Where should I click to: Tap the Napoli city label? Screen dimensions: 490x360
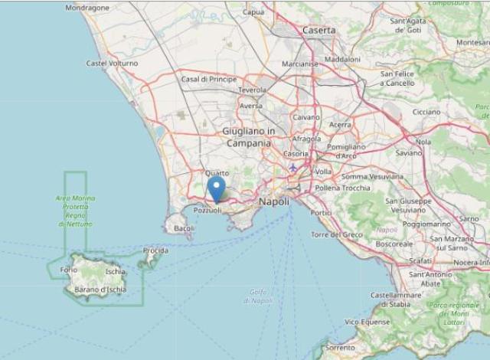pyautogui.click(x=274, y=201)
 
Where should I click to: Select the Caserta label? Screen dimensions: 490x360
pyautogui.click(x=319, y=30)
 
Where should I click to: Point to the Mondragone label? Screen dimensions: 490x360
pyautogui.click(x=87, y=8)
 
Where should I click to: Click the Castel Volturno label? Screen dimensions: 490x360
pyautogui.click(x=112, y=64)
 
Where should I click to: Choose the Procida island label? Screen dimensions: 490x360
pyautogui.click(x=155, y=250)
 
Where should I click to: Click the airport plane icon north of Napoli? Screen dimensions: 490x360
pyautogui.click(x=292, y=167)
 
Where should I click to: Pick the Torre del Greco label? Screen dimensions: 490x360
pyautogui.click(x=337, y=234)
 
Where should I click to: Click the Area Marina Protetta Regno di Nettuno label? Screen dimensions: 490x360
pyautogui.click(x=75, y=211)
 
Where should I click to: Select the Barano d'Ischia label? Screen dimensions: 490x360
pyautogui.click(x=100, y=288)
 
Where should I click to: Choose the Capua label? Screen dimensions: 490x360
pyautogui.click(x=253, y=12)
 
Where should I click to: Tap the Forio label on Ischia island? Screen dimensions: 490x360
pyautogui.click(x=69, y=270)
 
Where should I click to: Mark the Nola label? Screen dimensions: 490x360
pyautogui.click(x=423, y=142)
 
